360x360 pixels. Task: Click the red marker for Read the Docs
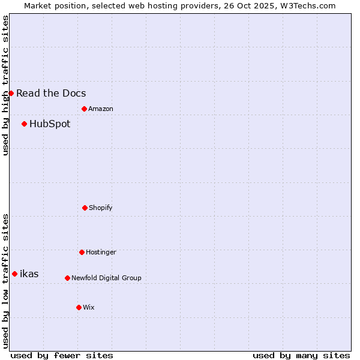click(x=11, y=93)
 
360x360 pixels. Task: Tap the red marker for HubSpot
click(x=24, y=124)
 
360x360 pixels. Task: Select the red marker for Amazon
click(x=84, y=109)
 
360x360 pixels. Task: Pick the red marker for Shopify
click(x=85, y=208)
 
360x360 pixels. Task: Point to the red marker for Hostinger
click(x=82, y=252)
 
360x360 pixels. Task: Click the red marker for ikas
click(x=14, y=274)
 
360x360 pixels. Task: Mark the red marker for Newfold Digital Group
click(x=67, y=278)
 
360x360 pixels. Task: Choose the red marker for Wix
click(x=79, y=307)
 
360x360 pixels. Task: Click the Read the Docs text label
click(x=51, y=93)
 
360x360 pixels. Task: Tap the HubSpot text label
click(x=50, y=124)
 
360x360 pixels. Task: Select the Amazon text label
click(x=101, y=109)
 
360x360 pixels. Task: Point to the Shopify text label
click(x=101, y=208)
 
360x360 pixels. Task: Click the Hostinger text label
click(x=101, y=252)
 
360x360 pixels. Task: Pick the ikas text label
click(x=29, y=274)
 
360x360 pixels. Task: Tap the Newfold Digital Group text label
click(x=106, y=278)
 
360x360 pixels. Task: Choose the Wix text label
click(x=89, y=307)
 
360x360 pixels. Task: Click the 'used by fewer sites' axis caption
click(x=62, y=355)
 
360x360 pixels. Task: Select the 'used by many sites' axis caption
click(x=301, y=355)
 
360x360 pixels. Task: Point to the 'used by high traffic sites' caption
click(x=5, y=85)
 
